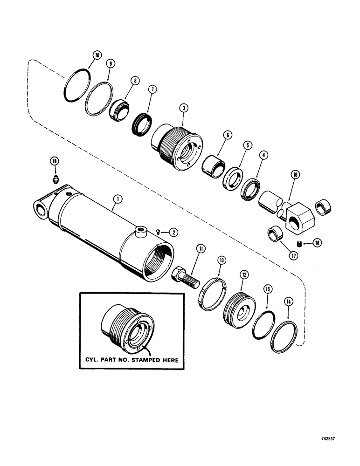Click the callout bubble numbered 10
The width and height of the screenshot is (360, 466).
pos(96,55)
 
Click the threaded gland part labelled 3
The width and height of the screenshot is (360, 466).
pos(175,142)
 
